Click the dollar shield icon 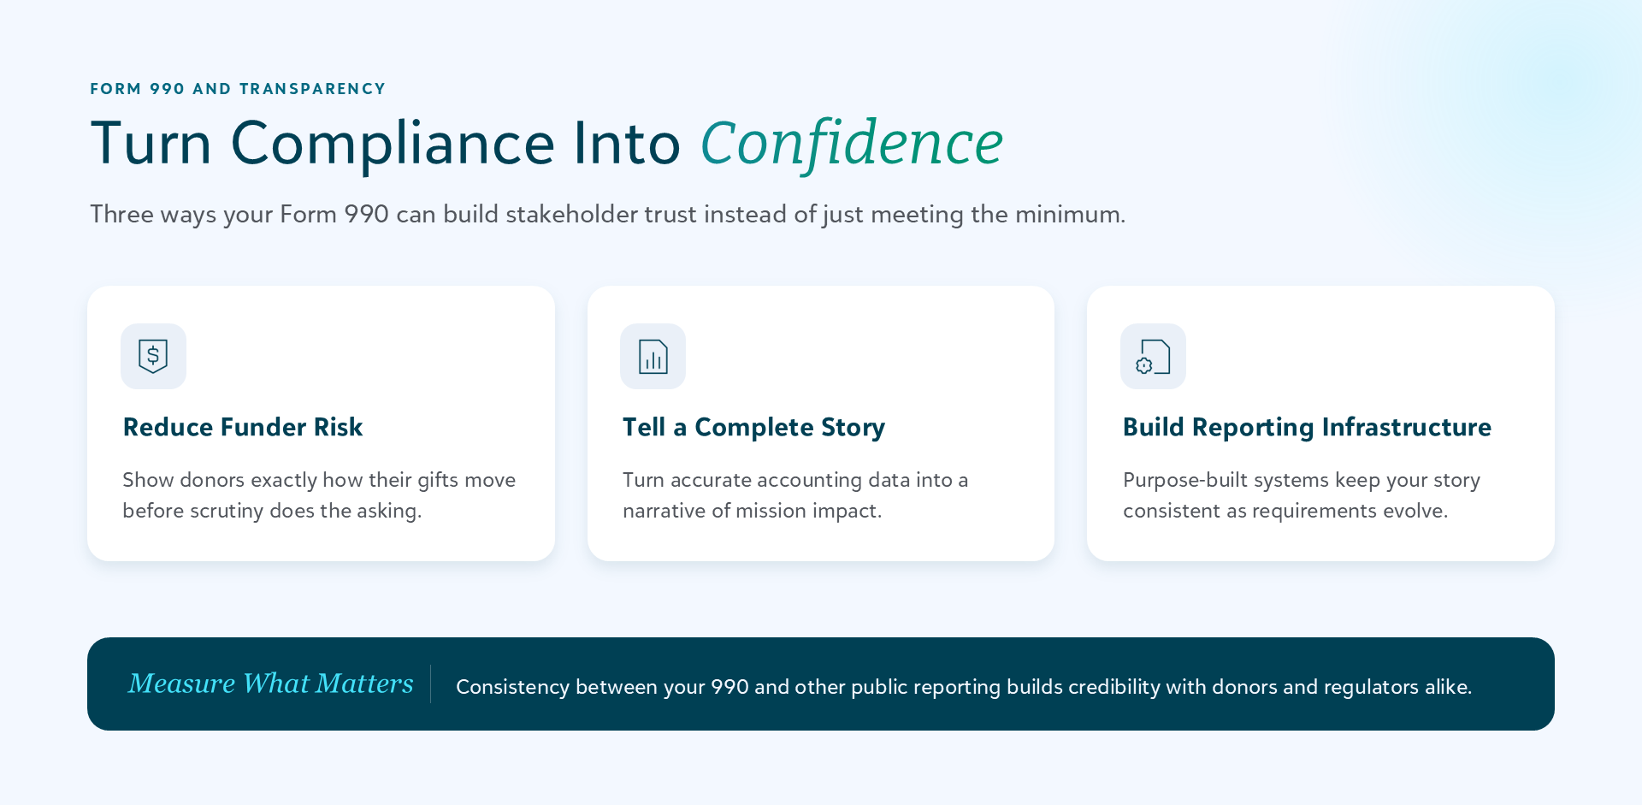(x=153, y=356)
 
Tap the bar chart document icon (x=653, y=357)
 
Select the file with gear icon (x=1153, y=357)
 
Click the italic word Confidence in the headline (x=852, y=143)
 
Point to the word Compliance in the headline (x=393, y=143)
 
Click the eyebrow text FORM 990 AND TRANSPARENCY (x=238, y=89)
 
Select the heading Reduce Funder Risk (x=243, y=427)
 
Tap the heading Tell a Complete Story (x=753, y=427)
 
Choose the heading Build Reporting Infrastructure (x=1307, y=427)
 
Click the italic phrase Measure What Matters (x=271, y=684)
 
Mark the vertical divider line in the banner (x=430, y=684)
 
